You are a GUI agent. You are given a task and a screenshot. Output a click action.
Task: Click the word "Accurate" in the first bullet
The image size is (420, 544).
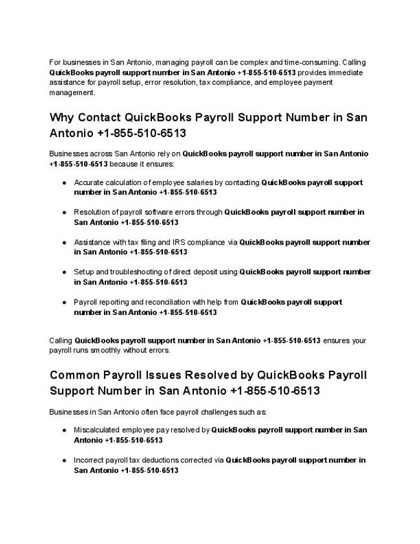click(89, 182)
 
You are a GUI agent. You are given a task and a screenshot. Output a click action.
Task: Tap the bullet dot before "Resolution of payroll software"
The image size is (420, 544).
click(65, 212)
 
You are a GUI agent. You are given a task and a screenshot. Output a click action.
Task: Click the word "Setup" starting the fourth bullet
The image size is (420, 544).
click(84, 272)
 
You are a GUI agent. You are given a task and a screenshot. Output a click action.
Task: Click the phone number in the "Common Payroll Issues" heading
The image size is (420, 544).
click(274, 391)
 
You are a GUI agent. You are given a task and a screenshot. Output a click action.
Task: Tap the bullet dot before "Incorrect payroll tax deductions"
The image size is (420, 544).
click(65, 461)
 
